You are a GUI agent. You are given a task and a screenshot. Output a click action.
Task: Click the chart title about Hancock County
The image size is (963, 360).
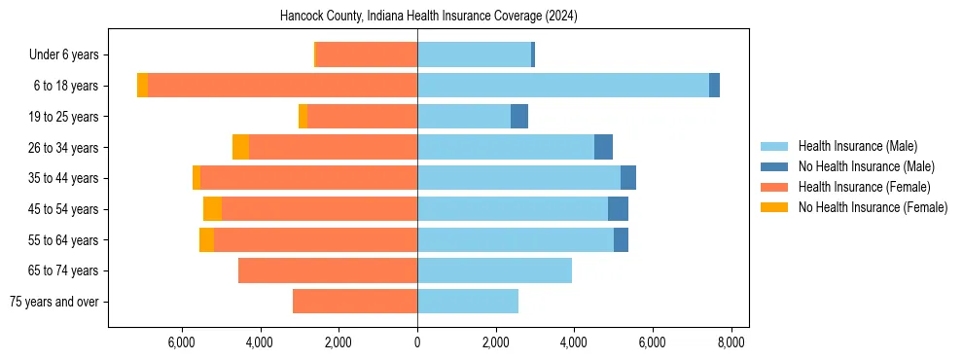click(x=428, y=17)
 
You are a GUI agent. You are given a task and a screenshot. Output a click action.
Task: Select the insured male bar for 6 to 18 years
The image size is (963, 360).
click(x=562, y=86)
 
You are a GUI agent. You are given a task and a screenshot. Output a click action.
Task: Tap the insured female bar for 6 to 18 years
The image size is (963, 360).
click(x=282, y=86)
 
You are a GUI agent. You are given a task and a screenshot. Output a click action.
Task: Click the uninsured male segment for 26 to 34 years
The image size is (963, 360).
click(x=603, y=147)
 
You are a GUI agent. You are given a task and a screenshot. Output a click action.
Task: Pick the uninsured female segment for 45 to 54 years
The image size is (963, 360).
click(x=212, y=209)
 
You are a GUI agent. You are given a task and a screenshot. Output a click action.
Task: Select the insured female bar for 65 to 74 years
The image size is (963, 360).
click(x=328, y=270)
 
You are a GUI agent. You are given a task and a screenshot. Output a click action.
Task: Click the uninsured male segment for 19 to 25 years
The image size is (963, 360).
click(x=519, y=117)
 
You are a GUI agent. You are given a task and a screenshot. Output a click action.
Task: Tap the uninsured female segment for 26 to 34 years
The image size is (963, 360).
click(x=240, y=147)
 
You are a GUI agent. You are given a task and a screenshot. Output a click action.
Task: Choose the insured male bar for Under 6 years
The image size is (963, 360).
click(x=474, y=54)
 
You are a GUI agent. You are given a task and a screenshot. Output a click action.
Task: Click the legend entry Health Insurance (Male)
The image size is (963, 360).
click(x=857, y=146)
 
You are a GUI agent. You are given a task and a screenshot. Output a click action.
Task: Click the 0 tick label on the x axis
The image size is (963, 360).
click(x=417, y=342)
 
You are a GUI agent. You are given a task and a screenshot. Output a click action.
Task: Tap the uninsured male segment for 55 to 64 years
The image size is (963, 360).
click(x=621, y=239)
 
